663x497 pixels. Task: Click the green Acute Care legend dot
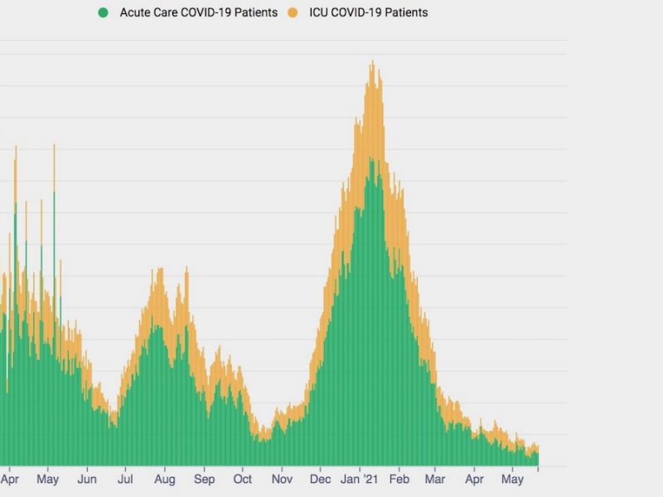click(104, 12)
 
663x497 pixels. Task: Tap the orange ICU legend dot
click(293, 12)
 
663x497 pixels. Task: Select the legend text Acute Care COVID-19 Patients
click(198, 12)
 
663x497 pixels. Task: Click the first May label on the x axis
click(48, 479)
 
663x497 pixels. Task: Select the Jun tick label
click(87, 479)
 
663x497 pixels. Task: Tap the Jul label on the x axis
click(126, 479)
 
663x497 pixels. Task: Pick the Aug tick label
click(165, 479)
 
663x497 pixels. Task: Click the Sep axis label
click(205, 479)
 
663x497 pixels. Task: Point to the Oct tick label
click(243, 479)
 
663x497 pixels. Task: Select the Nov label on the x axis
click(283, 479)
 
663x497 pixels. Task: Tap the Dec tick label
click(321, 479)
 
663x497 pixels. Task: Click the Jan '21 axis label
click(361, 479)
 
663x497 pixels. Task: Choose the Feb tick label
click(399, 479)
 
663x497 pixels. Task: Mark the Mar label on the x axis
click(435, 479)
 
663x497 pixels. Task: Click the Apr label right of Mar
click(474, 479)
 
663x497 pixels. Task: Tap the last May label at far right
click(513, 479)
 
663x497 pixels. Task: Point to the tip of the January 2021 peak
click(373, 62)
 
